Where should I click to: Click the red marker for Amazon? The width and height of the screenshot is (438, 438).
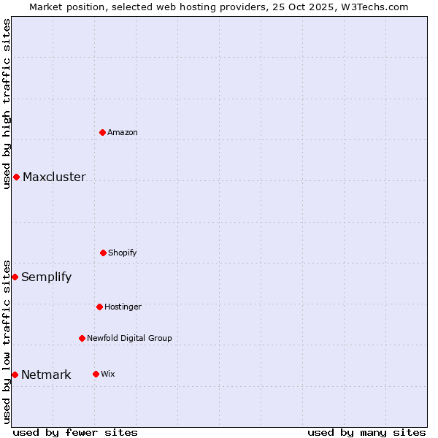[x=103, y=132]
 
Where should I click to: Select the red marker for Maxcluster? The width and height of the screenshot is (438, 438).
[x=16, y=177]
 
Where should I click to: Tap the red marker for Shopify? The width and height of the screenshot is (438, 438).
[x=103, y=253]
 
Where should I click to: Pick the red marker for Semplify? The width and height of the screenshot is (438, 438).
[x=15, y=277]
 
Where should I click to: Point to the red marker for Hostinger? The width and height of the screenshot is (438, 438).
[x=99, y=307]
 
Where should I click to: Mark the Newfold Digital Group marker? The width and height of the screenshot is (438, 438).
[x=82, y=338]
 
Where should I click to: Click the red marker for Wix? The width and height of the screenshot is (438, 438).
[x=96, y=374]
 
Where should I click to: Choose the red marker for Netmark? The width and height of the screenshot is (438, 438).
[x=15, y=374]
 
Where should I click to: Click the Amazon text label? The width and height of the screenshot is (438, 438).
[x=123, y=132]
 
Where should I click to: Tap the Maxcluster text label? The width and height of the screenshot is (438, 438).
[x=54, y=177]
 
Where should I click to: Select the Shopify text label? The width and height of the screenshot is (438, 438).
[x=123, y=253]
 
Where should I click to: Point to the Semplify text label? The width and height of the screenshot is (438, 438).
[x=46, y=277]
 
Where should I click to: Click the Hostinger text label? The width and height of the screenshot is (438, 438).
[x=123, y=307]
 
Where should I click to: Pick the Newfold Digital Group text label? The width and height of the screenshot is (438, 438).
[x=129, y=338]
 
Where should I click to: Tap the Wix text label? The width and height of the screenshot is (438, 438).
[x=108, y=374]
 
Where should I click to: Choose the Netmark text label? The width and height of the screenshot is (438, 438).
[x=46, y=374]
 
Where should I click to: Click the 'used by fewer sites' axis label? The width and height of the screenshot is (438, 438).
[x=75, y=432]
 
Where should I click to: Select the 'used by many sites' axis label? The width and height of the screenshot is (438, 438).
[x=366, y=432]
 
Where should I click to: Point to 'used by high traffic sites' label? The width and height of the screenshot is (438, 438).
[x=7, y=104]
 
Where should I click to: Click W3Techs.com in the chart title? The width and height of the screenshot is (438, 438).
[x=373, y=7]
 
